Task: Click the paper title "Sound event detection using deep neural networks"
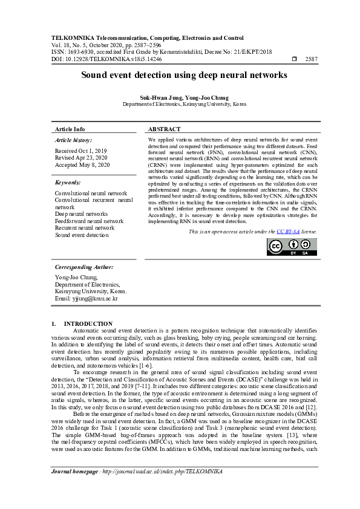click(180, 75)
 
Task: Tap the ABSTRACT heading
click(165, 129)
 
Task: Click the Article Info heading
click(70, 129)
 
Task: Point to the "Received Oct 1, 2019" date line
click(80, 151)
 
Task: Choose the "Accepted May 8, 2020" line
click(82, 164)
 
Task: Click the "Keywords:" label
click(68, 182)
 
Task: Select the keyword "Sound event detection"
click(82, 235)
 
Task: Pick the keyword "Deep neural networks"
click(81, 213)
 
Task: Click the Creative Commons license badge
click(293, 245)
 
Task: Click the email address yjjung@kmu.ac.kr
click(86, 299)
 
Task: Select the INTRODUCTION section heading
click(88, 324)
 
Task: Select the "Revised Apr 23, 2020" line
click(81, 157)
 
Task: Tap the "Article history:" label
click(72, 140)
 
